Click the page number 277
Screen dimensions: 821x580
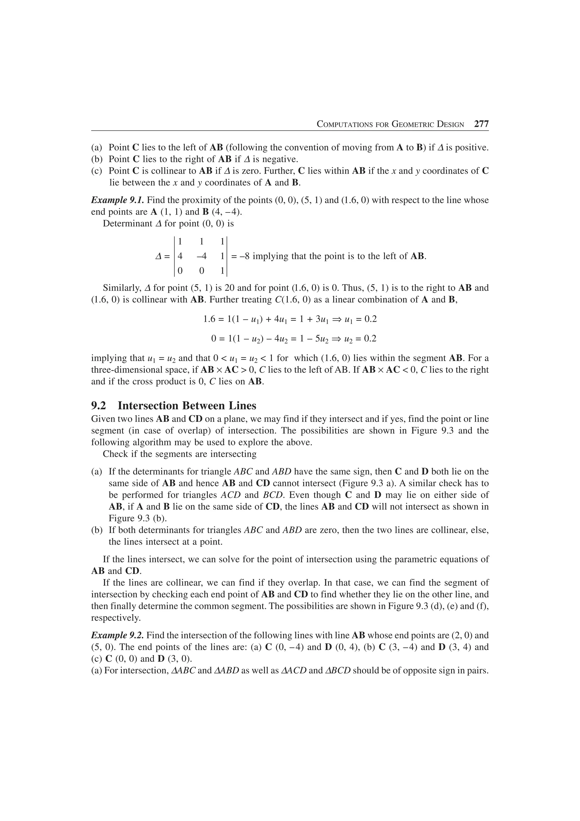click(x=481, y=124)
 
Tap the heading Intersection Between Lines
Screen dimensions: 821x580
click(x=187, y=406)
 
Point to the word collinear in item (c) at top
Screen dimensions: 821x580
click(x=173, y=171)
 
